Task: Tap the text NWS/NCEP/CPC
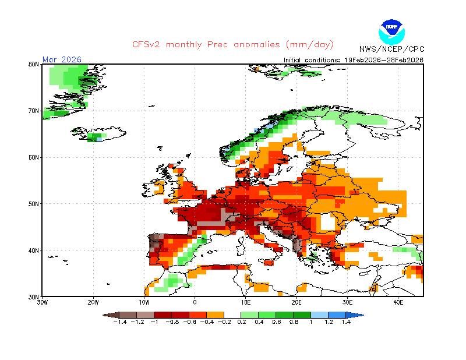pos(391,49)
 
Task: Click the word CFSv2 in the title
pos(147,44)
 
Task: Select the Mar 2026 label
pos(62,59)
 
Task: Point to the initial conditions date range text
pos(354,59)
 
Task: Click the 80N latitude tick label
pos(34,64)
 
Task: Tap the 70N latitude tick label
pos(34,111)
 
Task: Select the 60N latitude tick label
pos(34,157)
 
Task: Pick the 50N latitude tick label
pos(34,204)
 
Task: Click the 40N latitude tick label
pos(34,250)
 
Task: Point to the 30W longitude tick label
pos(43,302)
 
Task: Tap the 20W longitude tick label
pos(93,302)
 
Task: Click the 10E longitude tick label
pos(246,302)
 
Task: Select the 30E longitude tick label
pos(347,302)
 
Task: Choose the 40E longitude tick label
pos(398,302)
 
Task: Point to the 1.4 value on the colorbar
pos(346,322)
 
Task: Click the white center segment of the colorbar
pos(232,315)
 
